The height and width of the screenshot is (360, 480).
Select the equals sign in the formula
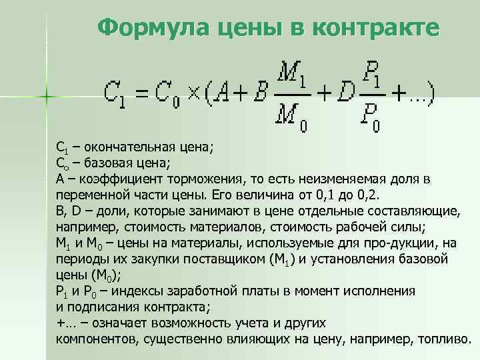point(141,93)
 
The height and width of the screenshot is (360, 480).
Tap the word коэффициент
point(123,179)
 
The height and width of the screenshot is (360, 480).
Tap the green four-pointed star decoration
point(46,97)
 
